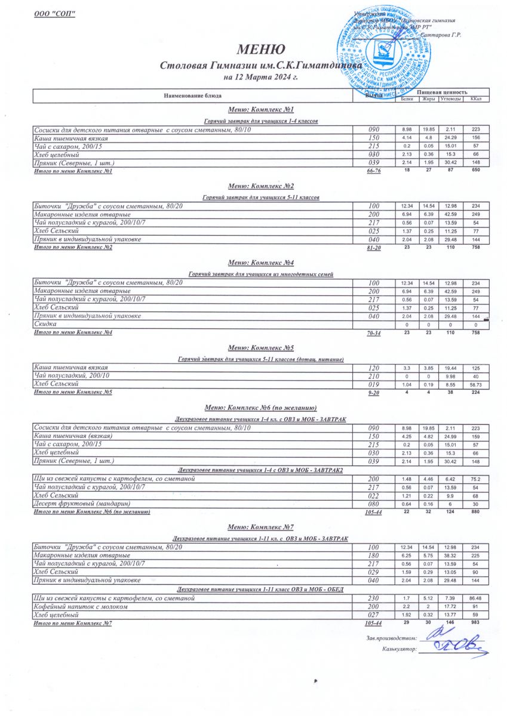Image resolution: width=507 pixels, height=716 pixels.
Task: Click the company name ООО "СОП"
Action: tap(54, 14)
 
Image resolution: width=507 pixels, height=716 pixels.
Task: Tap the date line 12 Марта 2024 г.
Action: tap(252, 77)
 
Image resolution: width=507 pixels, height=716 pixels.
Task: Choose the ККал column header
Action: tap(476, 99)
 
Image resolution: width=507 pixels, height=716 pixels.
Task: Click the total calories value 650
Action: tap(476, 171)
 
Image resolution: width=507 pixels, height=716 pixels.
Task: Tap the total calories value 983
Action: tap(476, 622)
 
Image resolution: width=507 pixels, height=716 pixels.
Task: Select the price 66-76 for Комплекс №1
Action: tap(374, 171)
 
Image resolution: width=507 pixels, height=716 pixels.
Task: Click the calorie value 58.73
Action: tap(476, 385)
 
